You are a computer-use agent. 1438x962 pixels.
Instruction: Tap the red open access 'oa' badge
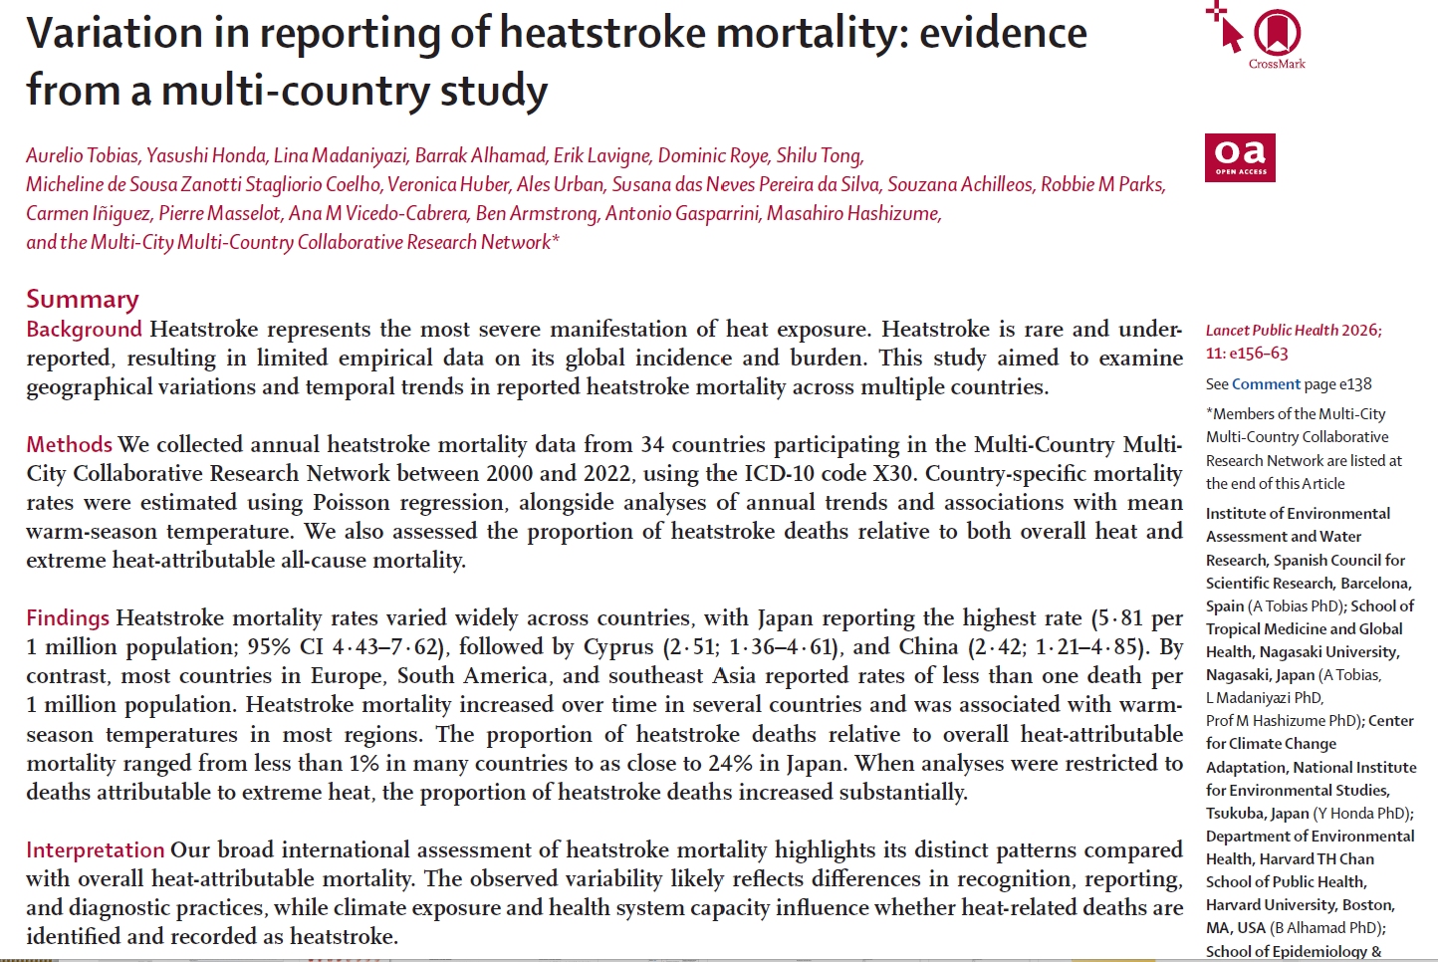(x=1240, y=157)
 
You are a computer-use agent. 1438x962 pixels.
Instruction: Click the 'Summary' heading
(x=83, y=299)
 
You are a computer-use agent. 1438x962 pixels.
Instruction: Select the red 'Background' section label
(x=85, y=330)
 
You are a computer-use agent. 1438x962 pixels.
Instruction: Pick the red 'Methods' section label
(x=70, y=444)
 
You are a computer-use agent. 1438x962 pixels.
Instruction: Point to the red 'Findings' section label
(x=68, y=618)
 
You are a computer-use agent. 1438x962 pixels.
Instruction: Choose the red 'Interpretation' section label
(x=96, y=850)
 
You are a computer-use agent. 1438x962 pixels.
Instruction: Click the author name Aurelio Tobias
(x=82, y=155)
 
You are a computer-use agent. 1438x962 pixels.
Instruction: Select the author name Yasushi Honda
(x=206, y=155)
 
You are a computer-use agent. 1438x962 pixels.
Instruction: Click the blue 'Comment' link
(x=1266, y=384)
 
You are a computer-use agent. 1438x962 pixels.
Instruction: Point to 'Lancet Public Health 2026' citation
(x=1293, y=331)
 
